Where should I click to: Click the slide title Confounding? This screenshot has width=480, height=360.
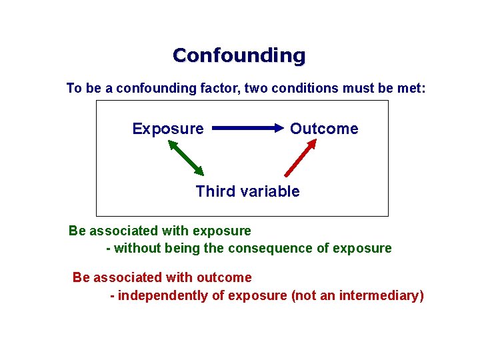click(x=239, y=55)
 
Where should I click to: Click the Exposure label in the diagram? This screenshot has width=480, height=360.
click(x=168, y=129)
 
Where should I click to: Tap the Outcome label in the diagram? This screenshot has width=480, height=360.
click(x=324, y=129)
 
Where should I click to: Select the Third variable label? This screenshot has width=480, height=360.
click(x=247, y=192)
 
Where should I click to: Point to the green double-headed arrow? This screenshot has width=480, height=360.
click(x=185, y=157)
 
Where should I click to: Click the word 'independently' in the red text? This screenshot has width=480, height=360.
click(x=163, y=296)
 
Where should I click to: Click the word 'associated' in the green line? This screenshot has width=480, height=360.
click(x=121, y=231)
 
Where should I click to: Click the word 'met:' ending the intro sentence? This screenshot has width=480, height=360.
click(x=411, y=88)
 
